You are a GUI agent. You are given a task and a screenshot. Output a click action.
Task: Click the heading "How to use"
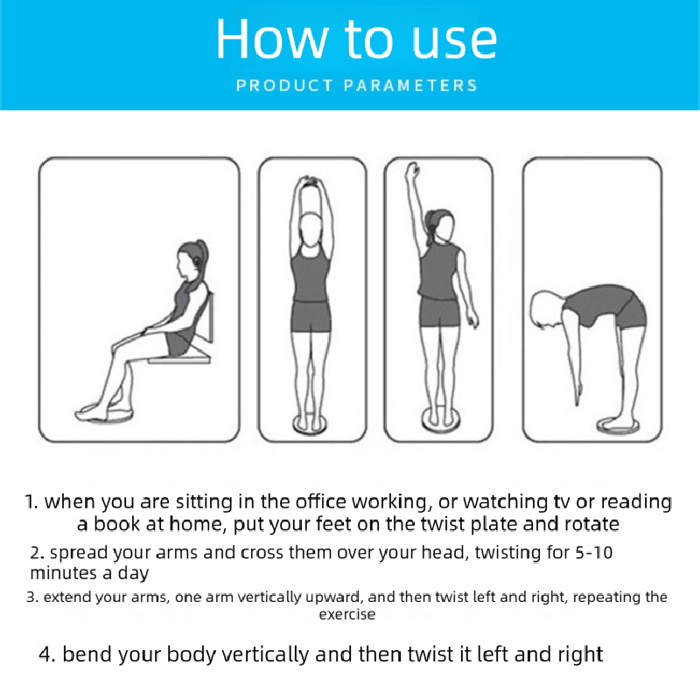pyautogui.click(x=356, y=38)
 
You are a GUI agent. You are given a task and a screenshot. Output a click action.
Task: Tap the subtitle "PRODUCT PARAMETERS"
pyautogui.click(x=357, y=85)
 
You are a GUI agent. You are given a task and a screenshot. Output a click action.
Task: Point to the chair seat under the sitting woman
pyautogui.click(x=179, y=357)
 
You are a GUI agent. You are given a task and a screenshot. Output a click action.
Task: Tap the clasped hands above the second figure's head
pyautogui.click(x=311, y=182)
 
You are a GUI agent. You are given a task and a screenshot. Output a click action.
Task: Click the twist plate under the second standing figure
pyautogui.click(x=311, y=423)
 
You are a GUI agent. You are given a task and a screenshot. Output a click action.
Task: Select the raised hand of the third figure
pyautogui.click(x=412, y=171)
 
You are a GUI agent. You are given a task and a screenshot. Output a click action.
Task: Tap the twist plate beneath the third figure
pyautogui.click(x=439, y=421)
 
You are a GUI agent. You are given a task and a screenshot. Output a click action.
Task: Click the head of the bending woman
pyautogui.click(x=543, y=310)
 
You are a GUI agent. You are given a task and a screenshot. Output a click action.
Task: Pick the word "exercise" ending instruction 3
pyautogui.click(x=346, y=615)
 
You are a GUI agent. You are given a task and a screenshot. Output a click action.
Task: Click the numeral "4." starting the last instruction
pyautogui.click(x=47, y=654)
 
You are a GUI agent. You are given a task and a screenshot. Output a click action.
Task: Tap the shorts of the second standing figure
pyautogui.click(x=311, y=317)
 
